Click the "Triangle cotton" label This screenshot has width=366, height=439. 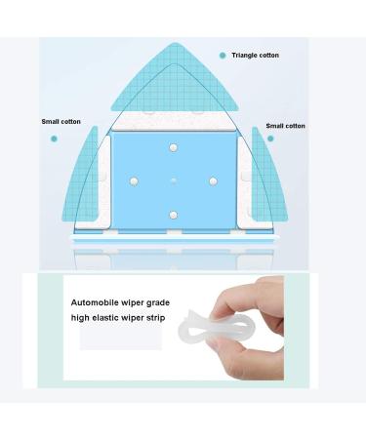coord(256,56)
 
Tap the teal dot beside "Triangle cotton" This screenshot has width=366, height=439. coord(224,56)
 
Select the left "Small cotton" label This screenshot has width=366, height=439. coord(61,122)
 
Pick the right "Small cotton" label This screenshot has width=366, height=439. coord(285,126)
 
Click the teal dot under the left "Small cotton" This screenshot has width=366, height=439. coord(55,139)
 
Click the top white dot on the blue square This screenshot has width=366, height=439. coord(174,147)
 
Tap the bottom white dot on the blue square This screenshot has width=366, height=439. coord(174,214)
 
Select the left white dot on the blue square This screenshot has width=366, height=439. coord(135,180)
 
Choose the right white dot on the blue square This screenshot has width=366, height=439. coord(213,180)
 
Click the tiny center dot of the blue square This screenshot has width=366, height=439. coord(174,180)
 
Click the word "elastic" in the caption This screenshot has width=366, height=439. coord(128,319)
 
